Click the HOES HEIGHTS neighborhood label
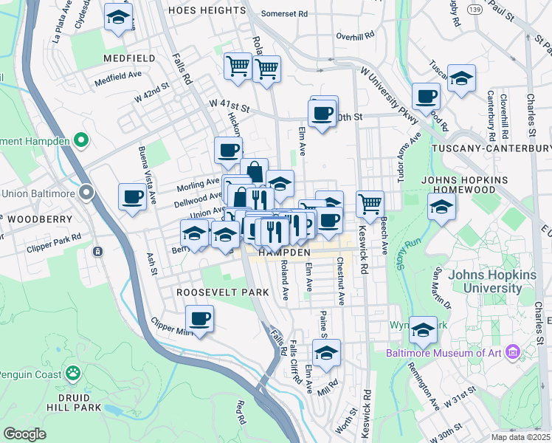206,10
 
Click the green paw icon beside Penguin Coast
72,373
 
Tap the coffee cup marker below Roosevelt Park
199,319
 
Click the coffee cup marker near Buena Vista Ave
133,196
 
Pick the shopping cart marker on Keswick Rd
370,203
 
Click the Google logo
24,434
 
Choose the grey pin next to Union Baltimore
86,193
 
